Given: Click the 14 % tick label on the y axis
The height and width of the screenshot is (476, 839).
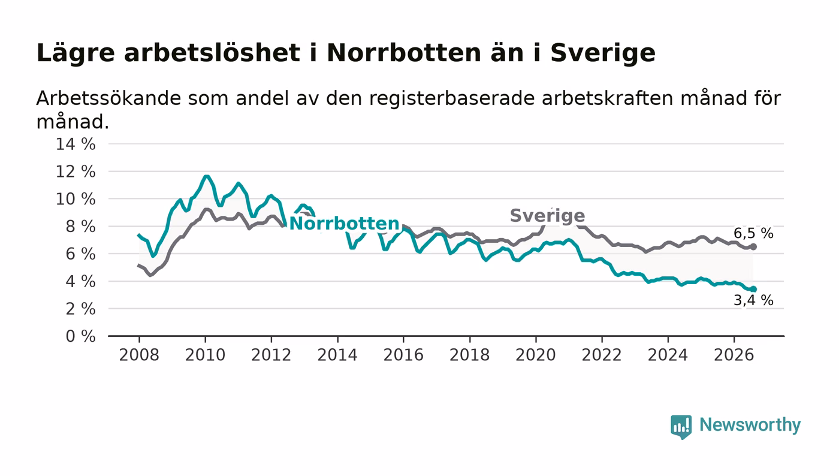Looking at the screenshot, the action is (76, 144).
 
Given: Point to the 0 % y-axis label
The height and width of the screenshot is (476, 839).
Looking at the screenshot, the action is (80, 336).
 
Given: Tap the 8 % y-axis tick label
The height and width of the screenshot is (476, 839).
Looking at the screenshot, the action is (80, 227).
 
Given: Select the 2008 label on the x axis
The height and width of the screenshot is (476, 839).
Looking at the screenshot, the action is (139, 355).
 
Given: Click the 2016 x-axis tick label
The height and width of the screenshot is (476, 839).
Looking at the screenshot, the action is (403, 355).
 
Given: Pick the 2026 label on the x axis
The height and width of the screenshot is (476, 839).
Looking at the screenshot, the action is (734, 355).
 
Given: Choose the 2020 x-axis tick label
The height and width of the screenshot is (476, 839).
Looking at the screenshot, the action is (536, 355).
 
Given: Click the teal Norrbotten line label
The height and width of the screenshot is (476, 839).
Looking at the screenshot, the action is (344, 224).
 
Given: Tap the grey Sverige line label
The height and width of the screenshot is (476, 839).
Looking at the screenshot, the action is (547, 216).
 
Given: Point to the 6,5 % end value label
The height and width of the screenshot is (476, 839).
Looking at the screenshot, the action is (753, 233).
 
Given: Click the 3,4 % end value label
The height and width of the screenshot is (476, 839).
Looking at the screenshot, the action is (753, 300).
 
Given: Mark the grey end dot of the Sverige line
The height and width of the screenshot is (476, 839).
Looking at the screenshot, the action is (753, 247).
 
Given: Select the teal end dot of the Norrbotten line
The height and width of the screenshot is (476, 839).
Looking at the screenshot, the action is (753, 290).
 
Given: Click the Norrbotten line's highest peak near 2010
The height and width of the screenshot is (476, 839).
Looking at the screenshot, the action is (206, 176).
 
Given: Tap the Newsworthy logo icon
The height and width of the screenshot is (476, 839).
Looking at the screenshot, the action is (681, 426).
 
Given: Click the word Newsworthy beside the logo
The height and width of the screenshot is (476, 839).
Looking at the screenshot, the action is (750, 425).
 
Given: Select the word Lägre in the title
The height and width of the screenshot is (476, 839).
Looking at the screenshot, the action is (76, 53).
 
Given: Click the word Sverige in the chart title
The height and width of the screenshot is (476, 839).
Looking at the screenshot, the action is (603, 53).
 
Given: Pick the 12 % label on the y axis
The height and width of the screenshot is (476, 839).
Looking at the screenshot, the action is (76, 172).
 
